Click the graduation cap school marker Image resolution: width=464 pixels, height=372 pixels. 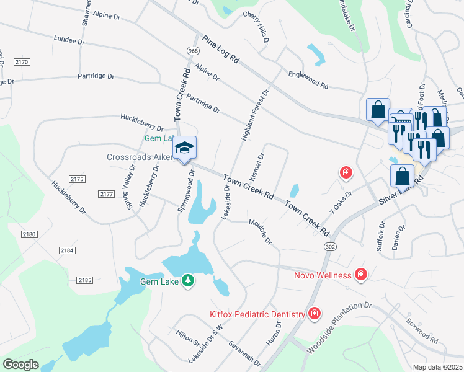tap(184, 148)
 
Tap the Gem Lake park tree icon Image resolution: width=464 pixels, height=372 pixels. tap(187, 281)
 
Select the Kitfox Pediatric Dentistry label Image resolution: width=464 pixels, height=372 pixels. tap(257, 314)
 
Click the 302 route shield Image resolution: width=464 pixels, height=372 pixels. tap(328, 246)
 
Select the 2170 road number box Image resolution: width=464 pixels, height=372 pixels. tap(22, 62)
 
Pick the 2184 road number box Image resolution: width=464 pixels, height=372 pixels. tap(67, 250)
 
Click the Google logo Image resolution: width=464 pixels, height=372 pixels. tap(20, 365)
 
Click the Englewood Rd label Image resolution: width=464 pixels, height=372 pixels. tap(308, 79)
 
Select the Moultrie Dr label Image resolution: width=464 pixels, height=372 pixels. tap(260, 231)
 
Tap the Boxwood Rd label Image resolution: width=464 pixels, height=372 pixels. tap(422, 332)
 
